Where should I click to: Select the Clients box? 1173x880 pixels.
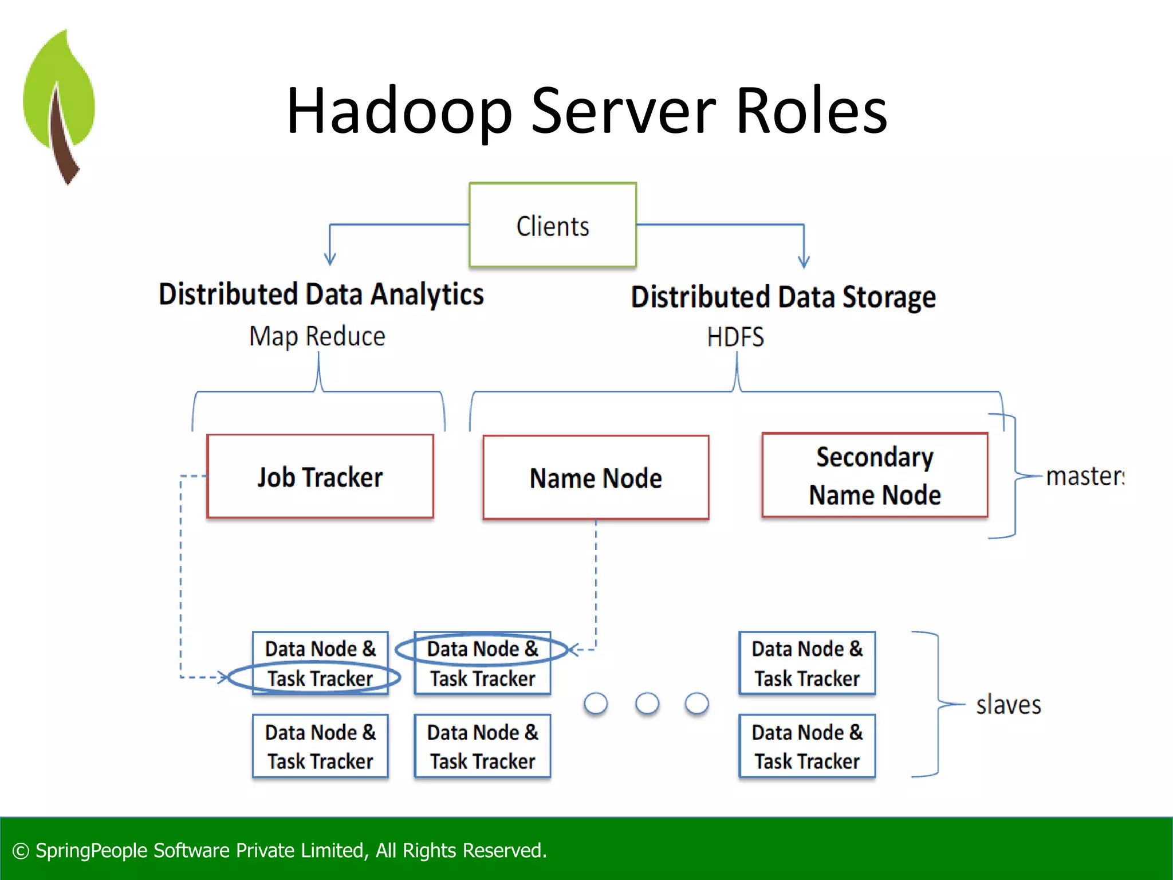coord(553,225)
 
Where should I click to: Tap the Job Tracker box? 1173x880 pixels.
coord(320,477)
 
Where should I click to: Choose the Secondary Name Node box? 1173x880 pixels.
coord(875,476)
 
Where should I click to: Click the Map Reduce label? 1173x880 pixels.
coord(317,336)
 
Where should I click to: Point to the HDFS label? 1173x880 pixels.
coord(735,337)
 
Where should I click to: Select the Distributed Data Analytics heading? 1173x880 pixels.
coord(321,294)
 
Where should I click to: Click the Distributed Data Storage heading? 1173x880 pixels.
coord(783,297)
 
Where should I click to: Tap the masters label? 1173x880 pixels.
coord(1084,477)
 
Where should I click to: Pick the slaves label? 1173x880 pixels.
coord(1008,705)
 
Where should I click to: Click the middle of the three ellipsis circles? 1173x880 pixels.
coord(647,704)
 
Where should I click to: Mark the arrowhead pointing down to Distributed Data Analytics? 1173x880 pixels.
coord(330,260)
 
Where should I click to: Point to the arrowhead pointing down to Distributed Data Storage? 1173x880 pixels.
coord(804,262)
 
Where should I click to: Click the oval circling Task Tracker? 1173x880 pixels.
coord(314,678)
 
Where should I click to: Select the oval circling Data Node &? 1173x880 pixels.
coord(481,649)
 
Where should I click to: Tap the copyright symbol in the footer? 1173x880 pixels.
coord(21,851)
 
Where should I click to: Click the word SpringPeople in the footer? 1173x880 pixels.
coord(92,851)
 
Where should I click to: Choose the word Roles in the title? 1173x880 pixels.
coord(811,111)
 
